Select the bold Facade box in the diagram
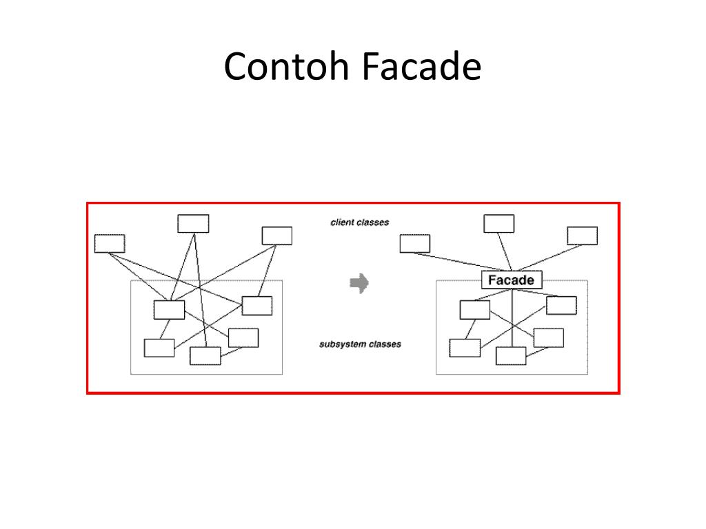point(512,280)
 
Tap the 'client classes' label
point(359,222)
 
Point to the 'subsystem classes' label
point(360,344)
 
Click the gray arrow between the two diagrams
point(359,283)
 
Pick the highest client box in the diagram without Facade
point(193,224)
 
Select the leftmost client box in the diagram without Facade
point(110,243)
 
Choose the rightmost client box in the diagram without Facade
point(277,236)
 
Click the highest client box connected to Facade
point(498,224)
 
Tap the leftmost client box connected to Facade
point(414,243)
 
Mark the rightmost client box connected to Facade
point(583,236)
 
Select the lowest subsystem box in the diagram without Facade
point(205,355)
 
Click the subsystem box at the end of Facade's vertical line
point(511,355)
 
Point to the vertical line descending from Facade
point(512,317)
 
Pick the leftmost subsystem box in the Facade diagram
point(465,348)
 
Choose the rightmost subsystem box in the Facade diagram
point(561,305)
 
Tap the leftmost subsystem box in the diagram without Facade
point(159,348)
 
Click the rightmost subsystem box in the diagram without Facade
point(257,305)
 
